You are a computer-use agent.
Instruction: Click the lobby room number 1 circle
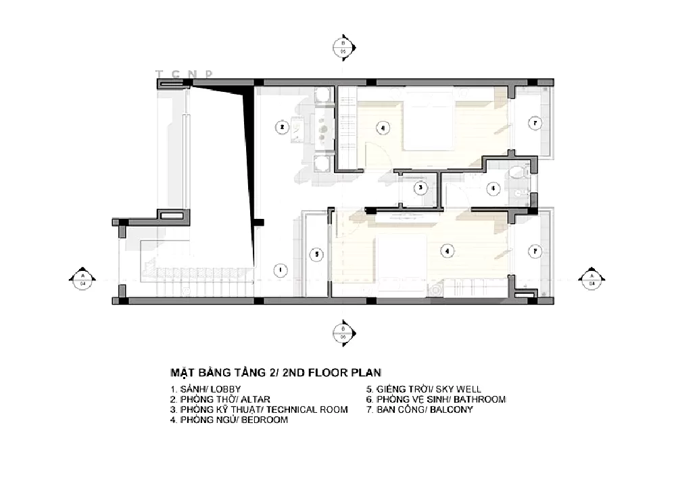click(x=278, y=270)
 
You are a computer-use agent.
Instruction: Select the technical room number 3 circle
click(x=420, y=188)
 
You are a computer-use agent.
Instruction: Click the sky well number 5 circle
click(x=315, y=254)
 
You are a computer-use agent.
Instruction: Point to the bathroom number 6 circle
click(x=493, y=188)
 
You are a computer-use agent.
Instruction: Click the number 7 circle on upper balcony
click(x=534, y=124)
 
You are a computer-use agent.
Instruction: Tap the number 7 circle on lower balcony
click(x=534, y=251)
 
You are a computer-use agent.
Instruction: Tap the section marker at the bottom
click(x=342, y=332)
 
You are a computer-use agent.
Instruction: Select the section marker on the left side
click(x=82, y=280)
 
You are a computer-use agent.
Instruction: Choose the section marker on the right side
click(x=591, y=280)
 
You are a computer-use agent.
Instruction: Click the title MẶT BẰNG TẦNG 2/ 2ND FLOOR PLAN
click(x=275, y=372)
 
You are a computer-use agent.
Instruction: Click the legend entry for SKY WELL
click(x=424, y=390)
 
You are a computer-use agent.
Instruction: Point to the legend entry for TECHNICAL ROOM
click(x=259, y=409)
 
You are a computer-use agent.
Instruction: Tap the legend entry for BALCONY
click(x=419, y=409)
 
